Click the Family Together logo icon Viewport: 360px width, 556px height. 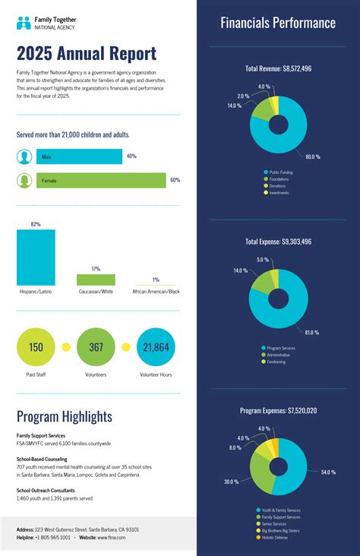pos(24,23)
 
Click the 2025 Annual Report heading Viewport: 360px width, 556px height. pos(86,54)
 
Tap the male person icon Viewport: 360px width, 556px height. pos(25,156)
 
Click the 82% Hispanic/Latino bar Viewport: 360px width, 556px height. pos(36,257)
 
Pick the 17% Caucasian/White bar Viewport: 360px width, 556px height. pos(96,280)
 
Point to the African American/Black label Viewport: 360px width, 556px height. pos(156,292)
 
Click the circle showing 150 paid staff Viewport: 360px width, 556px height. pos(36,347)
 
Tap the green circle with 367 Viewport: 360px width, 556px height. pos(96,347)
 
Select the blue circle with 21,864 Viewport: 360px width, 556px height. pos(156,347)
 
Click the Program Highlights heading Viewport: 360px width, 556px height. pos(64,416)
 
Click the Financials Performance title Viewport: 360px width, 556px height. pos(278,24)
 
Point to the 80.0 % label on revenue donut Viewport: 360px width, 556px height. pos(312,156)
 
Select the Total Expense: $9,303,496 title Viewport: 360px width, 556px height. pos(278,242)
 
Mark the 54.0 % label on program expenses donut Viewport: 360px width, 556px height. pos(327,472)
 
